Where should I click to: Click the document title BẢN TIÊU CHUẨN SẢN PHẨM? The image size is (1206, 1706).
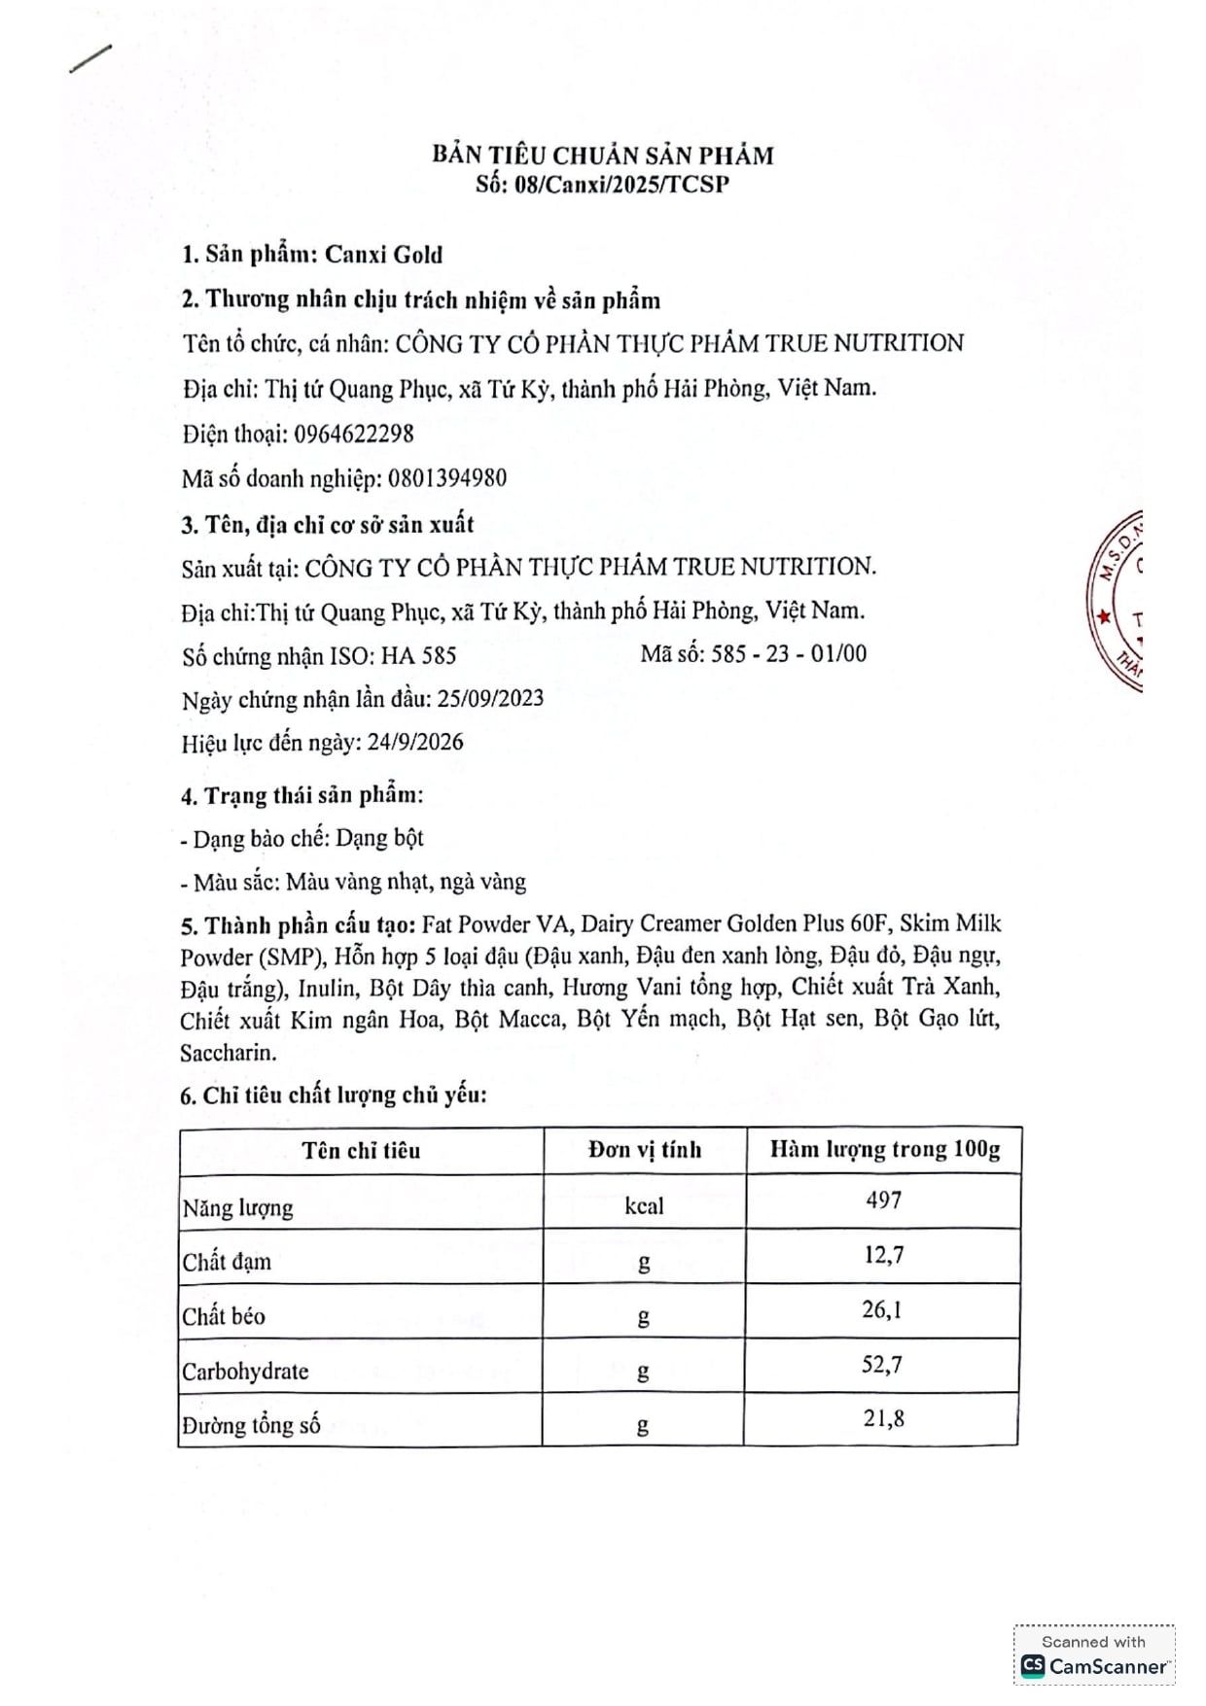pyautogui.click(x=603, y=156)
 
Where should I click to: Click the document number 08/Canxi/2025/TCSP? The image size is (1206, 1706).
pyautogui.click(x=621, y=185)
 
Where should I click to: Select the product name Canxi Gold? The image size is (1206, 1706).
pyautogui.click(x=383, y=255)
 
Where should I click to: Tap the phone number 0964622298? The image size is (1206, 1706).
pyautogui.click(x=354, y=434)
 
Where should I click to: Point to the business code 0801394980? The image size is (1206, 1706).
pyautogui.click(x=447, y=478)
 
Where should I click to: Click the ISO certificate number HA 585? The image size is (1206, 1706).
pyautogui.click(x=418, y=656)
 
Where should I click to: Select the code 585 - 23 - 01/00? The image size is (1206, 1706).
pyautogui.click(x=788, y=653)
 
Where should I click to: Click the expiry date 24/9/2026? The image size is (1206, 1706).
pyautogui.click(x=415, y=743)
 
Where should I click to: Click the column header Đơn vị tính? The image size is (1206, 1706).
pyautogui.click(x=644, y=1150)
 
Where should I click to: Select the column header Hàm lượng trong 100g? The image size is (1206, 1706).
pyautogui.click(x=884, y=1149)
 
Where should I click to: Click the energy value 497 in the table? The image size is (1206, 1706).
pyautogui.click(x=883, y=1201)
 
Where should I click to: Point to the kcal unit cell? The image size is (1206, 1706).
pyautogui.click(x=644, y=1206)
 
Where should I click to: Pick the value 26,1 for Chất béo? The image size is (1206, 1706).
pyautogui.click(x=882, y=1310)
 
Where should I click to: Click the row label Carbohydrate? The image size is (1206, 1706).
pyautogui.click(x=245, y=1372)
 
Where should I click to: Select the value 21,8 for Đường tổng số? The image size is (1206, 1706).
pyautogui.click(x=883, y=1419)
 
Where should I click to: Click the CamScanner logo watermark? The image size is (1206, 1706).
pyautogui.click(x=1094, y=1666)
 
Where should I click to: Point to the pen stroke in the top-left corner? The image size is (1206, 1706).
pyautogui.click(x=90, y=58)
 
